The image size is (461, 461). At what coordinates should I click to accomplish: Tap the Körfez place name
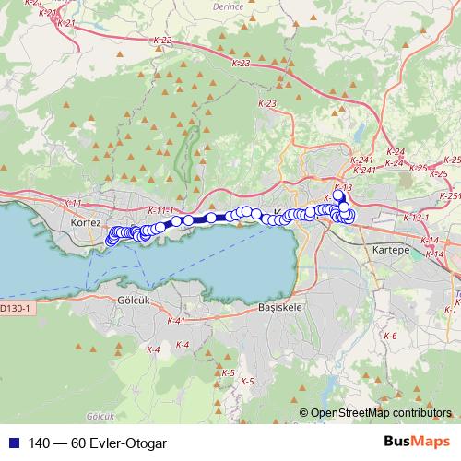pyautogui.click(x=85, y=222)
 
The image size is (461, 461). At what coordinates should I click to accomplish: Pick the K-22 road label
pyautogui.click(x=162, y=41)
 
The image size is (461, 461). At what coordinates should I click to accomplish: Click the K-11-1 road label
pyautogui.click(x=161, y=211)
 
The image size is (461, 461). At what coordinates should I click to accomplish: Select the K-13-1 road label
pyautogui.click(x=417, y=218)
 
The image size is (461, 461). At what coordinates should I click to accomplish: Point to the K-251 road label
pyautogui.click(x=449, y=196)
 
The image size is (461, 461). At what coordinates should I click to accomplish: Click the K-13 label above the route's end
pyautogui.click(x=343, y=187)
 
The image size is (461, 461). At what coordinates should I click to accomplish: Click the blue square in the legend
pyautogui.click(x=9, y=442)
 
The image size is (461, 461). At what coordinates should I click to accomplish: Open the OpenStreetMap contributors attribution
pyautogui.click(x=382, y=414)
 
